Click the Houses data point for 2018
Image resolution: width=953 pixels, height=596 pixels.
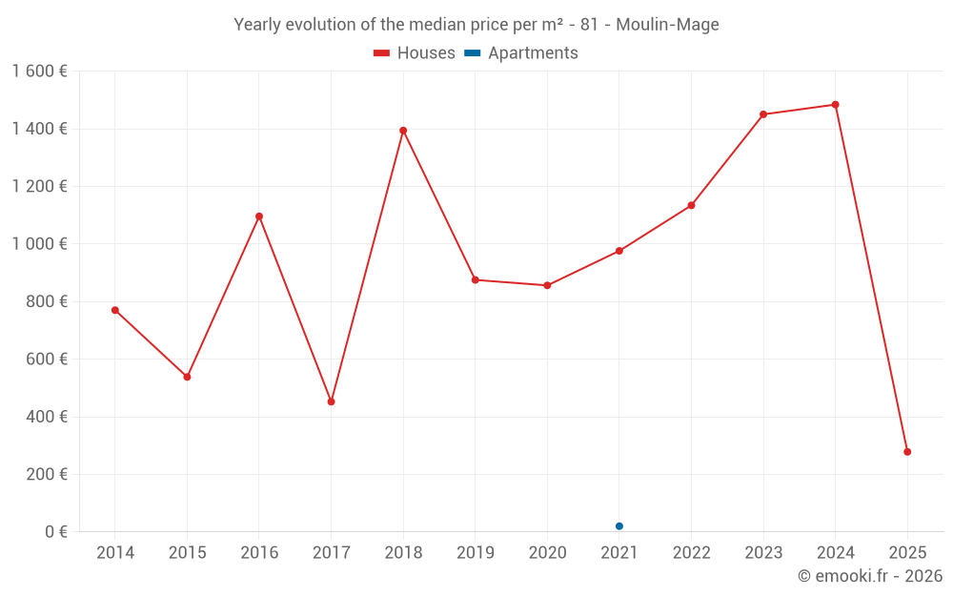[x=403, y=131]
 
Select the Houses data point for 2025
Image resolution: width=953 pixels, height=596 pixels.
[x=907, y=452]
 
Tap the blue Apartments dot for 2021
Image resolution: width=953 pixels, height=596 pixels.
[x=619, y=526]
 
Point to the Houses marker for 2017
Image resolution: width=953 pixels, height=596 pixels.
[x=331, y=401]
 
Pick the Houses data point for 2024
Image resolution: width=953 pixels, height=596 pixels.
[x=836, y=105]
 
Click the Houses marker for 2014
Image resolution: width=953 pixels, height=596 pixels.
[x=115, y=310]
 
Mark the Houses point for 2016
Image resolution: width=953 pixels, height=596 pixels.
[x=259, y=216]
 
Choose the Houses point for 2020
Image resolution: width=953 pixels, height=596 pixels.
[x=547, y=285]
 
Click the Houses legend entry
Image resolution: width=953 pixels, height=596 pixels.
[x=415, y=53]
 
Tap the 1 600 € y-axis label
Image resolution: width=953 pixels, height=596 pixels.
[x=39, y=72]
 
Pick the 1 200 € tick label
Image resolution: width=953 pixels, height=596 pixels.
[x=39, y=187]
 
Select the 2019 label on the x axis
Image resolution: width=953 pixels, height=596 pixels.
[x=475, y=553]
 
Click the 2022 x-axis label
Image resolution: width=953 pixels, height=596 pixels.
[x=691, y=553]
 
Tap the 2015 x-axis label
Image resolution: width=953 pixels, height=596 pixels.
[x=187, y=553]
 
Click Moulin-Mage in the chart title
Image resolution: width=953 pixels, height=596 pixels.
[x=667, y=24]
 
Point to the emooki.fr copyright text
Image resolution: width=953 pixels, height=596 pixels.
[x=870, y=576]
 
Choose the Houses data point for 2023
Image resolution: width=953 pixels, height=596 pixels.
[x=763, y=114]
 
